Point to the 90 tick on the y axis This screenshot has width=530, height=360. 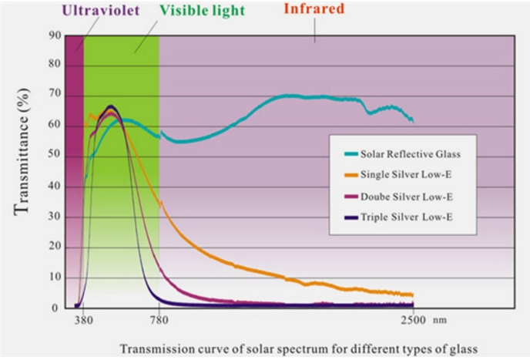pyautogui.click(x=54, y=35)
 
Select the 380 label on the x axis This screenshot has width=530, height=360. pyautogui.click(x=83, y=320)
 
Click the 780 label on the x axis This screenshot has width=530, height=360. pyautogui.click(x=158, y=320)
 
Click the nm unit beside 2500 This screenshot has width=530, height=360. pyautogui.click(x=439, y=320)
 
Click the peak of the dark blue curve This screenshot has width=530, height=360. pyautogui.click(x=111, y=106)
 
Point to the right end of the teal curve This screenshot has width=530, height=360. pyautogui.click(x=413, y=120)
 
